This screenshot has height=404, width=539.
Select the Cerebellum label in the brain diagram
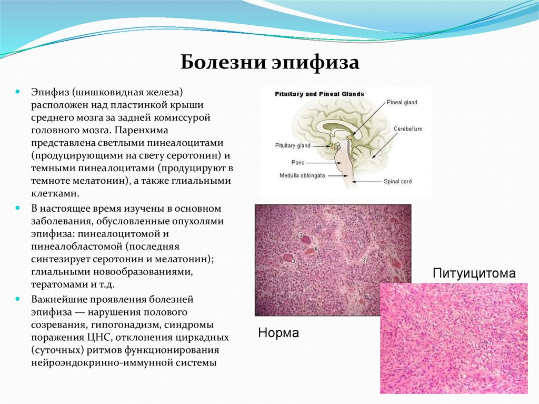[407, 129]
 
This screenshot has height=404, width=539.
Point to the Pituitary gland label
[293, 145]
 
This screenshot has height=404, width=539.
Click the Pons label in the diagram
[298, 162]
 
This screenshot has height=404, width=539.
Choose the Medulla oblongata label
[302, 175]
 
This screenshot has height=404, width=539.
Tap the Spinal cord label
[398, 182]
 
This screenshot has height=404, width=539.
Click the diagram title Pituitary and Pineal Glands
[320, 94]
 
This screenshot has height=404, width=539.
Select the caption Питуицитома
[474, 273]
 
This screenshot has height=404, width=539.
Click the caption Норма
[278, 333]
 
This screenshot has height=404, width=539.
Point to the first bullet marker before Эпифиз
[18, 92]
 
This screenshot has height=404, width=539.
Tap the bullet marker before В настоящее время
[18, 209]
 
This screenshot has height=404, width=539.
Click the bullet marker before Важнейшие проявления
[18, 299]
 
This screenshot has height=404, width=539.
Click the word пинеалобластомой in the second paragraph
[71, 247]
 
